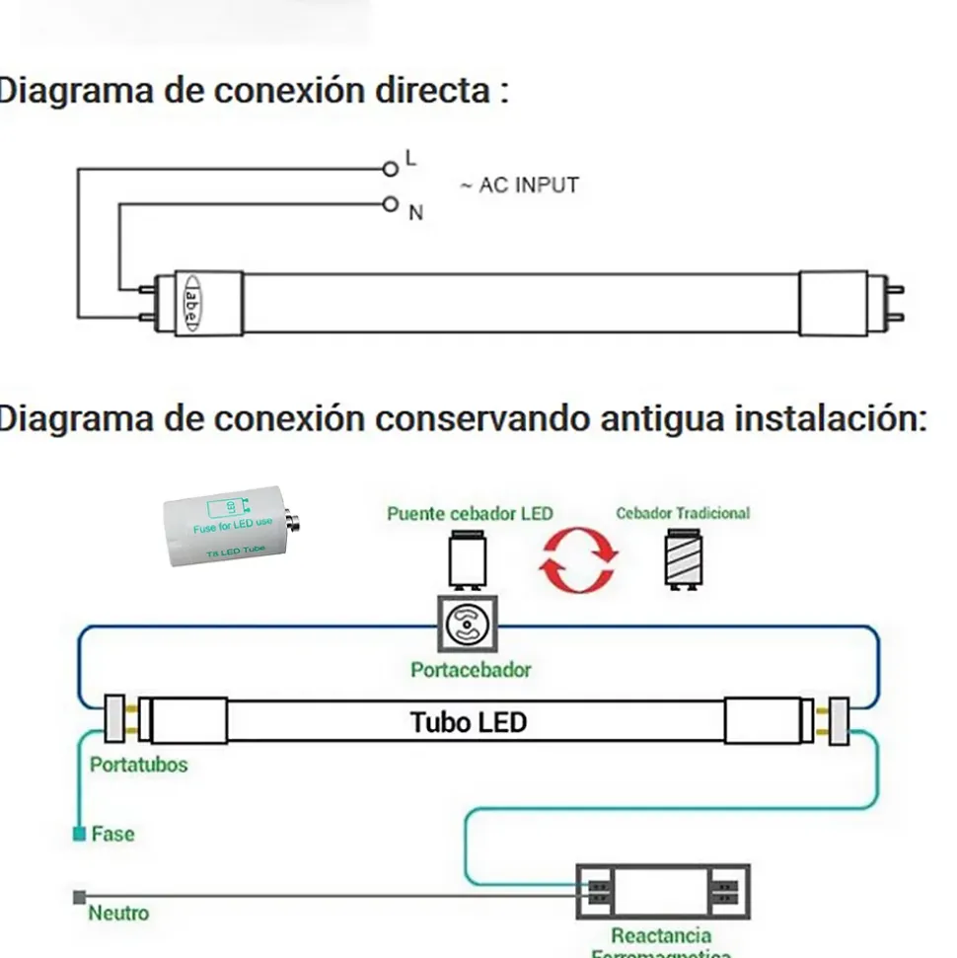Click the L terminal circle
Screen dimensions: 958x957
coord(391,169)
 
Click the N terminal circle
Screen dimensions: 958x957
coord(391,205)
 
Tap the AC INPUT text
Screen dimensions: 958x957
coord(519,185)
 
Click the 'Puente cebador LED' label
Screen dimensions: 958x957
coord(470,514)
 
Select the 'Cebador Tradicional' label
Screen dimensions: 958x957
coord(683,513)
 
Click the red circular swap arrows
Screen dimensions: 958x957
coord(579,560)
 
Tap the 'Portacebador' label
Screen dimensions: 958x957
coord(471,670)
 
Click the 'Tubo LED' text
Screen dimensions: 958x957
coord(469,722)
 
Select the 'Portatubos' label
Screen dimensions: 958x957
coord(138,765)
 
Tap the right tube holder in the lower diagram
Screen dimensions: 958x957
coord(839,720)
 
